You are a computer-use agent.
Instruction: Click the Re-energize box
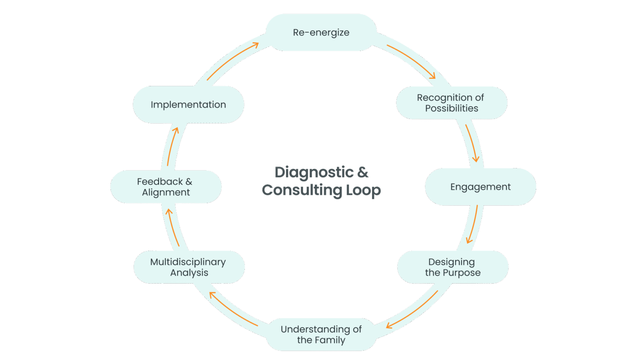click(321, 32)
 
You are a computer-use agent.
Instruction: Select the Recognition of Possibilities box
click(451, 103)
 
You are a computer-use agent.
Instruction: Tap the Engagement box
click(480, 187)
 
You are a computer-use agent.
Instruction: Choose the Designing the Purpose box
click(453, 267)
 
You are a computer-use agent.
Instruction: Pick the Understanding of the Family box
click(321, 334)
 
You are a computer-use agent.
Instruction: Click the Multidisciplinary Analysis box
click(189, 267)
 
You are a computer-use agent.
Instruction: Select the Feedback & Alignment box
click(165, 187)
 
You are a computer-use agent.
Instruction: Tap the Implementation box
click(188, 105)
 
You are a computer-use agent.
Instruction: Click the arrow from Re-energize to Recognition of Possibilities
click(412, 61)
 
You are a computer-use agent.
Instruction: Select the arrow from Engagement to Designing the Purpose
click(473, 225)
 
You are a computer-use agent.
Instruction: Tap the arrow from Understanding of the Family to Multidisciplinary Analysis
click(233, 308)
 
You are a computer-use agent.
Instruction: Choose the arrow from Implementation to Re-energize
click(232, 61)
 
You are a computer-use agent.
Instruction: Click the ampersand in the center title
click(363, 172)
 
